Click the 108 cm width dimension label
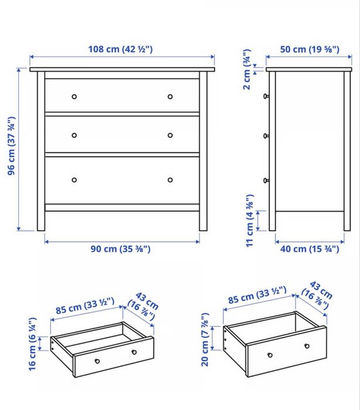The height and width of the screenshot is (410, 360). tap(120, 49)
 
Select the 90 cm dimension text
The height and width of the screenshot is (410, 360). tap(121, 249)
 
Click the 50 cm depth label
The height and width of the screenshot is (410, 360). tap(310, 49)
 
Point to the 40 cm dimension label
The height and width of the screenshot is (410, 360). tap(310, 249)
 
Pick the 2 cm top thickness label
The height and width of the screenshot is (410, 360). tap(247, 69)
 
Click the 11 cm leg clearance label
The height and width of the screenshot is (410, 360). tap(250, 221)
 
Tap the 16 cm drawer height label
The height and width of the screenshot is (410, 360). tap(33, 344)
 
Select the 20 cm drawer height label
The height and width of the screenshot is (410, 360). tap(205, 340)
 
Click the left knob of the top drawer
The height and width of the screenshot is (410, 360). tap(74, 96)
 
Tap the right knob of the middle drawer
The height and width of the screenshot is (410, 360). tap(170, 135)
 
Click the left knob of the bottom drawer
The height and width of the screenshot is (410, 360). tap(74, 180)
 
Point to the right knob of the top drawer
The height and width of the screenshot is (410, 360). tap(170, 96)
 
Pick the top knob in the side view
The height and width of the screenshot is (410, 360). tap(266, 96)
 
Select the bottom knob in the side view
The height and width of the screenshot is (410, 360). tap(266, 180)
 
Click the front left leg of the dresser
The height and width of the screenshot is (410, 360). tap(41, 151)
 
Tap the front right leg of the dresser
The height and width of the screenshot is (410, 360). tap(203, 151)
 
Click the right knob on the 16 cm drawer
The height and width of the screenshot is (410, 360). tap(134, 352)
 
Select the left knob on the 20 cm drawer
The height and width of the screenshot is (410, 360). tap(270, 355)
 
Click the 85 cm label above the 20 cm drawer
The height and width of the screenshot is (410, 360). tap(257, 295)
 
